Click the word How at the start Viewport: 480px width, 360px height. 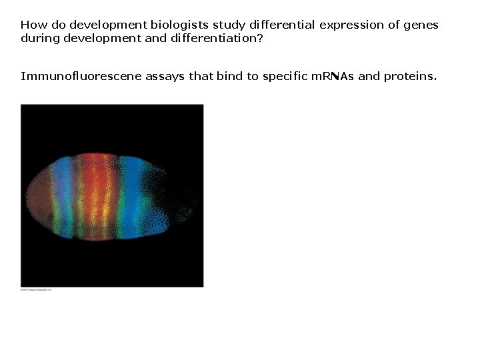[x=31, y=25]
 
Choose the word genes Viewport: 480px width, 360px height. [x=423, y=25]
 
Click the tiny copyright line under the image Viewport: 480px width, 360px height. [x=36, y=290]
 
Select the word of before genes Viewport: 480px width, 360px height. [x=395, y=25]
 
